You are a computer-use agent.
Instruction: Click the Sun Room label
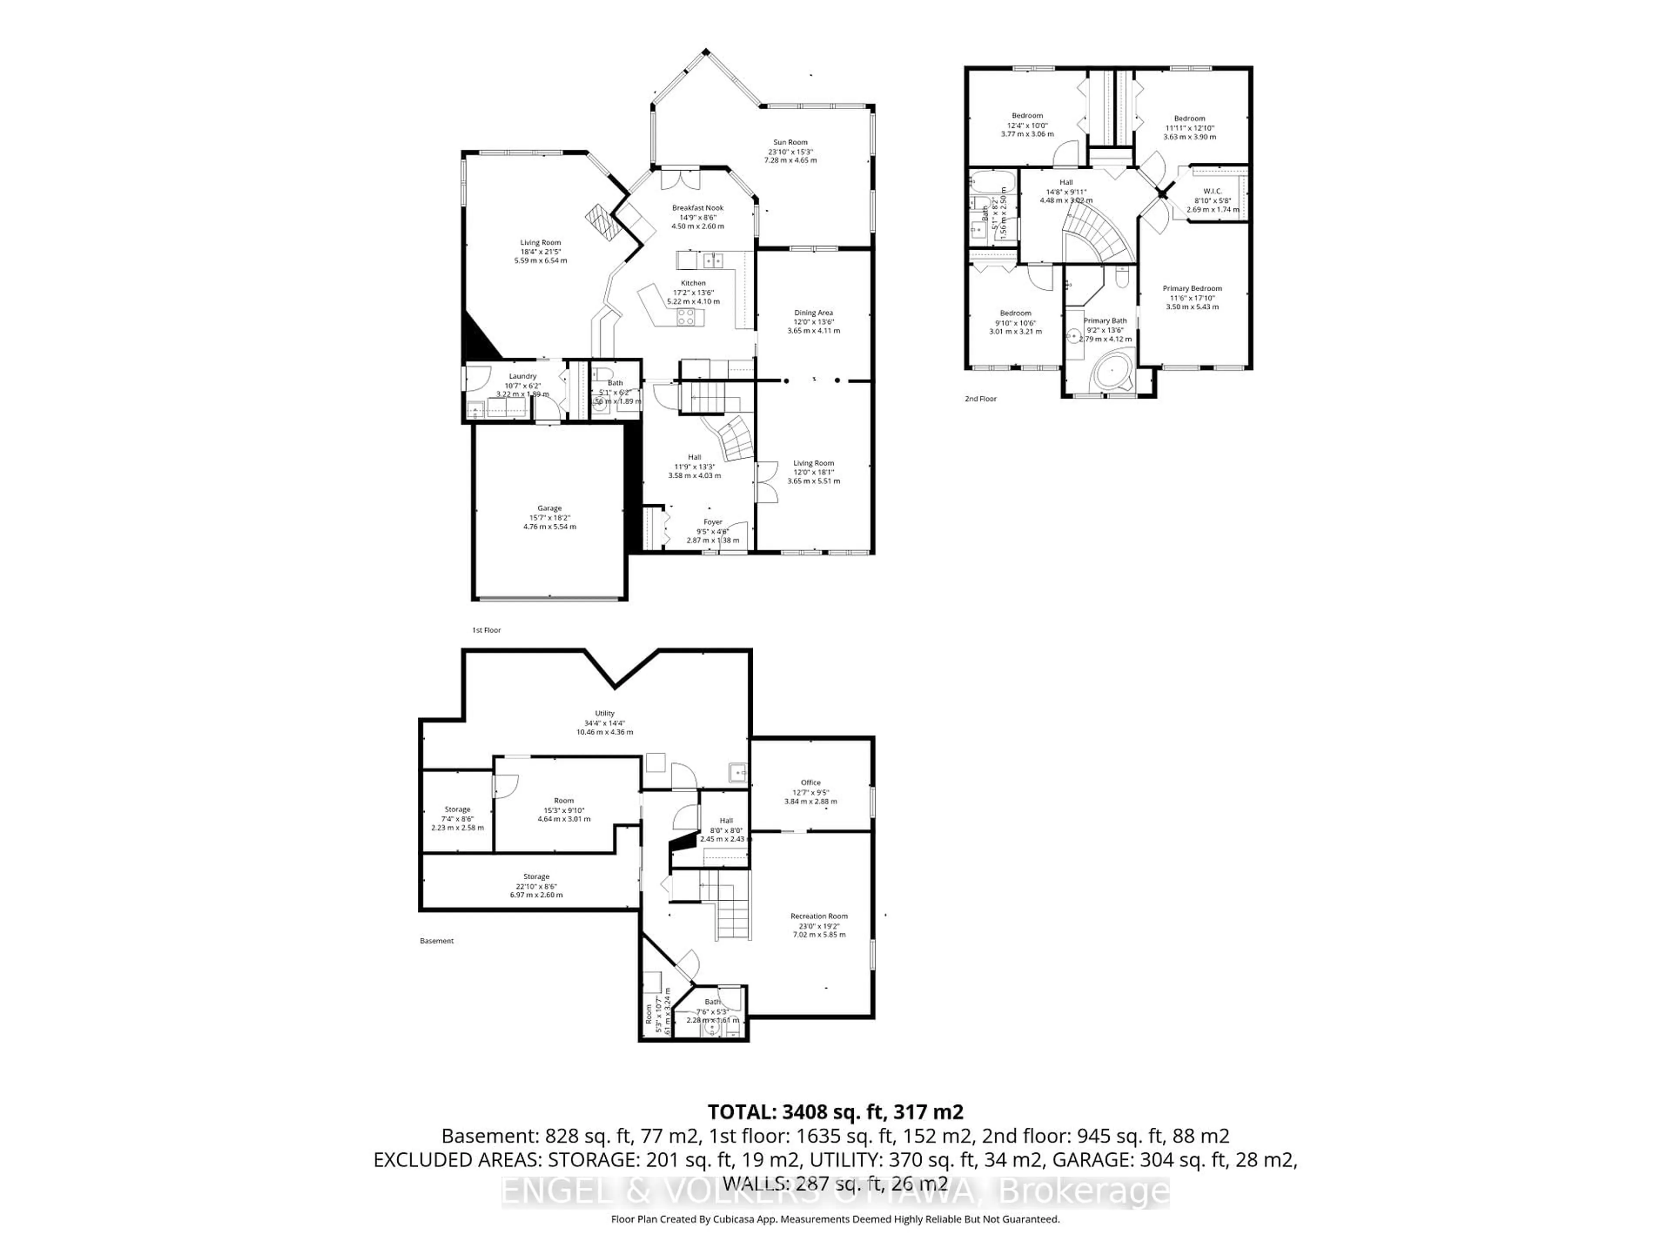click(790, 142)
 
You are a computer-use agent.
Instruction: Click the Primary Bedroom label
click(1191, 288)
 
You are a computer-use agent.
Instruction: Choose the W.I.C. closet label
click(1212, 191)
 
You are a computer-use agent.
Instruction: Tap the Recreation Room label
click(819, 916)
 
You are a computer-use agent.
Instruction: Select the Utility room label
click(604, 713)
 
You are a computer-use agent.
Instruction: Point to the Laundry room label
click(522, 376)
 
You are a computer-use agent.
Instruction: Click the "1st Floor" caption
click(487, 630)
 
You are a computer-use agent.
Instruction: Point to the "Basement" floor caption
click(436, 941)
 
